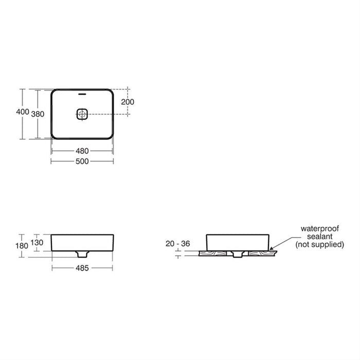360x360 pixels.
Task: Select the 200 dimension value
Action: (128, 102)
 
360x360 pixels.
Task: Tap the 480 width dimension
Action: (82, 151)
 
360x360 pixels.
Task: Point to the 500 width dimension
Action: (82, 161)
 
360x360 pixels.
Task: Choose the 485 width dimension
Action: (82, 268)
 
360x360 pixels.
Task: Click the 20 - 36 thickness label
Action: (178, 243)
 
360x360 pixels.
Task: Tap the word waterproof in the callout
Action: (322, 228)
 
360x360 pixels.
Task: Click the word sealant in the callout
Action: (322, 236)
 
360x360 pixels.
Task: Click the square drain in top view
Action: (82, 114)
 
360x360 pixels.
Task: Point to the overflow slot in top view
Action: (82, 95)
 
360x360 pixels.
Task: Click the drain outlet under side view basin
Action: (82, 254)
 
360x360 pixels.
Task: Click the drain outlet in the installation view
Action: (237, 254)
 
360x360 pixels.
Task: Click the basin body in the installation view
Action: (237, 242)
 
